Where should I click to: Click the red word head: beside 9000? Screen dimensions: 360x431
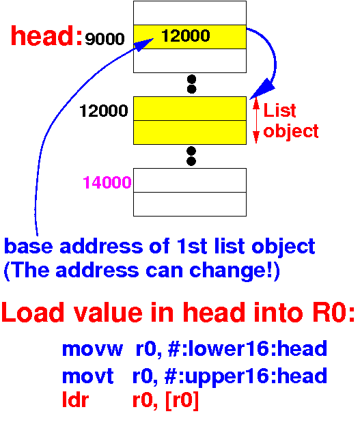coord(46,36)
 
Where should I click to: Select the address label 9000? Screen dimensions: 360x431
coord(105,39)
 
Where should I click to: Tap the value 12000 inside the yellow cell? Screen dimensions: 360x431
coord(186,36)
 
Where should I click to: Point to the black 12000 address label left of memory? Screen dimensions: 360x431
coord(104,111)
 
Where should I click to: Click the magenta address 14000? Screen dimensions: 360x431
coord(107,182)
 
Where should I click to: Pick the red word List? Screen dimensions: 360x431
coord(279,110)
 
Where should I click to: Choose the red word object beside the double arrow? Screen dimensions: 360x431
coord(291,131)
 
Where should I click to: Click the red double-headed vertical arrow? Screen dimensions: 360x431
coord(256,120)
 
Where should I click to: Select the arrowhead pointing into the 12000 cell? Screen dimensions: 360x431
coord(145,44)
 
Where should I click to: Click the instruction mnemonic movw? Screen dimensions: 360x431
coord(92,349)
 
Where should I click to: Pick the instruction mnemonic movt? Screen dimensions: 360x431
coord(87,376)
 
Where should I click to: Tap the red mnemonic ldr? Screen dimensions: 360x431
coord(75,400)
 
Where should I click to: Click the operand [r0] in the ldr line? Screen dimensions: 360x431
coord(182,400)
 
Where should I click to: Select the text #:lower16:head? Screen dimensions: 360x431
coord(247,348)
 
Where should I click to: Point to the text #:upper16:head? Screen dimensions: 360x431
coord(246,376)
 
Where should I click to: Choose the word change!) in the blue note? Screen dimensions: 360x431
coord(235,270)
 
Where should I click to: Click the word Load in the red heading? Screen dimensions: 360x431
coord(33,312)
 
